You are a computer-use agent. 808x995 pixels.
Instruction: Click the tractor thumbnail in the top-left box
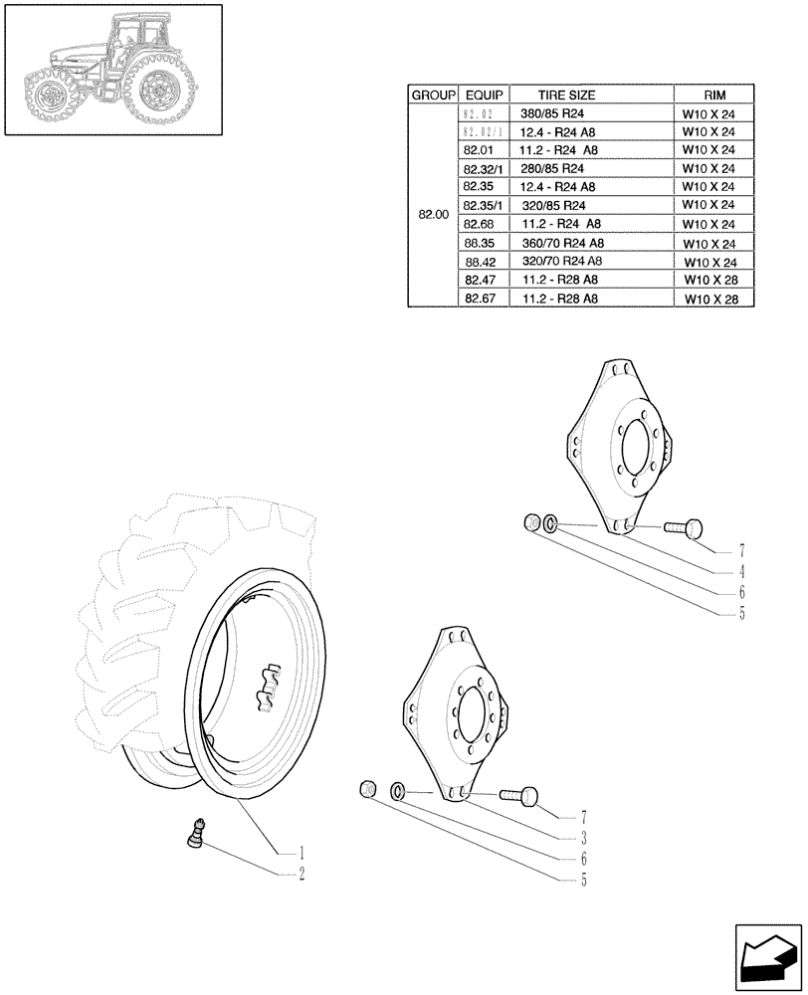(112, 70)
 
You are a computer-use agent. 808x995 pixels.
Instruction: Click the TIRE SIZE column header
(566, 95)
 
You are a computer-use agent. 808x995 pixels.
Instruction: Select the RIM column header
(714, 95)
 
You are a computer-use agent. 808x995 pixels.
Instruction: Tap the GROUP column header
(432, 95)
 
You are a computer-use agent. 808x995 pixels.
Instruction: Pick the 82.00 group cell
(433, 214)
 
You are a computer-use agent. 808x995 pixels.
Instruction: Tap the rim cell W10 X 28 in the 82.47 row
(714, 281)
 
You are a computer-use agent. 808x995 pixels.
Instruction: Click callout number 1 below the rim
(300, 853)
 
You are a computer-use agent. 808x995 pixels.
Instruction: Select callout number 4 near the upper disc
(741, 572)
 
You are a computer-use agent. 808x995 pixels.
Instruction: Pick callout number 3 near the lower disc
(584, 838)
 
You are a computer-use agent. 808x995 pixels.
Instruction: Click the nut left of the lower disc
(367, 790)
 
